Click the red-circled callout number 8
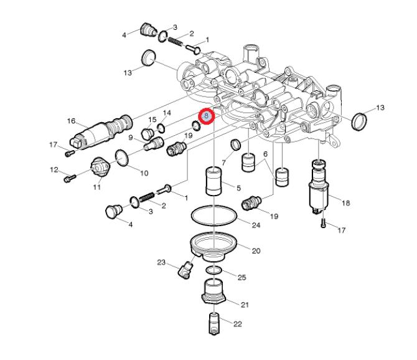click(x=206, y=116)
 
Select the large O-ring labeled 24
click(x=213, y=217)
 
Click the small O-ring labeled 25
click(x=213, y=270)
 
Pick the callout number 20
click(x=256, y=250)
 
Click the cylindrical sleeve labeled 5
click(x=213, y=181)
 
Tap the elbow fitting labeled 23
click(x=185, y=270)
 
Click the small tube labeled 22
click(x=213, y=322)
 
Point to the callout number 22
click(x=238, y=324)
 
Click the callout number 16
click(x=71, y=121)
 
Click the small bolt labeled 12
click(x=68, y=179)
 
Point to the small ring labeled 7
click(x=236, y=146)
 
